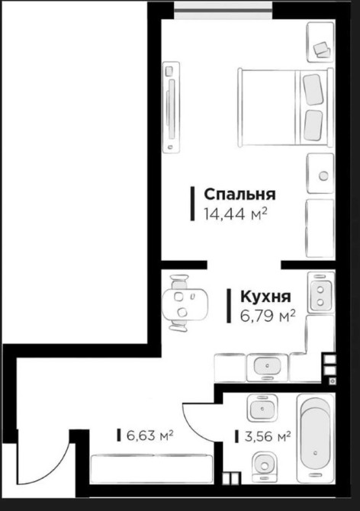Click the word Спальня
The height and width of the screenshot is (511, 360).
pos(239,194)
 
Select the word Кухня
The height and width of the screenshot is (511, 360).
pos(265,297)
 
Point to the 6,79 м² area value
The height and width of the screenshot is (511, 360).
pos(268,316)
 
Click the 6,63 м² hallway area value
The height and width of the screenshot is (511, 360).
pos(149,435)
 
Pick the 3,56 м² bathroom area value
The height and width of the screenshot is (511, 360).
pos(268,436)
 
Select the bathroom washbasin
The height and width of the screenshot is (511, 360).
pos(262,408)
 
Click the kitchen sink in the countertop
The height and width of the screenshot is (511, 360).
pos(267,367)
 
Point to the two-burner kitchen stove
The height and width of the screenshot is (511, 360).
pos(321,292)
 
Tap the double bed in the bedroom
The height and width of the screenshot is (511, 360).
pos(286,108)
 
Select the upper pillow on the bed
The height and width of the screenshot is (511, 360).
pos(313,89)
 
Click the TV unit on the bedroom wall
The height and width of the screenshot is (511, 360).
pos(172,108)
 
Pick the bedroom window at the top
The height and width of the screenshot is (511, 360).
pos(223,11)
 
